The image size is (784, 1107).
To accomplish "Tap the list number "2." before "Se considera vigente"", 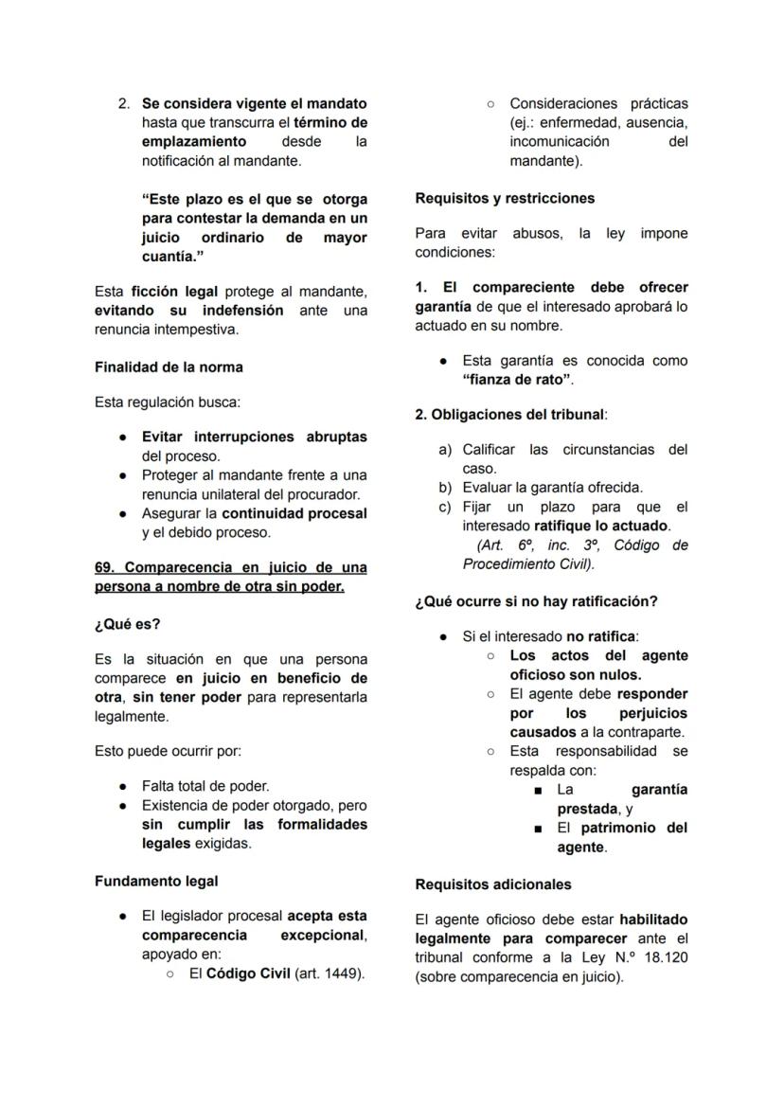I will [124, 103].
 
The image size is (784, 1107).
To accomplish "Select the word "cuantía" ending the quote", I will [170, 257].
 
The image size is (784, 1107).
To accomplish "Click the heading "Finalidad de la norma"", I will [169, 366].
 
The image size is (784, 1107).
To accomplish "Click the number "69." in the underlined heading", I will [105, 567].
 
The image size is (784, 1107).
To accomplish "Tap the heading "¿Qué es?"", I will [128, 624].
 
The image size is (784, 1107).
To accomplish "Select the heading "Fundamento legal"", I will [156, 881].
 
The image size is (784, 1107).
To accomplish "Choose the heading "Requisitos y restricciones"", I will [505, 198].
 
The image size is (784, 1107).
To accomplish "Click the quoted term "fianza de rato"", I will [517, 380].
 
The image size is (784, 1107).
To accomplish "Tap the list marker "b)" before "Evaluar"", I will [445, 488].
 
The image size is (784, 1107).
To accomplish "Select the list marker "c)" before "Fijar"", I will [445, 507].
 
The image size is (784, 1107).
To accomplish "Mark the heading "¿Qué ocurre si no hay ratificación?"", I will [536, 601].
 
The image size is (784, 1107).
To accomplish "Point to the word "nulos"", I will [620, 675].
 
